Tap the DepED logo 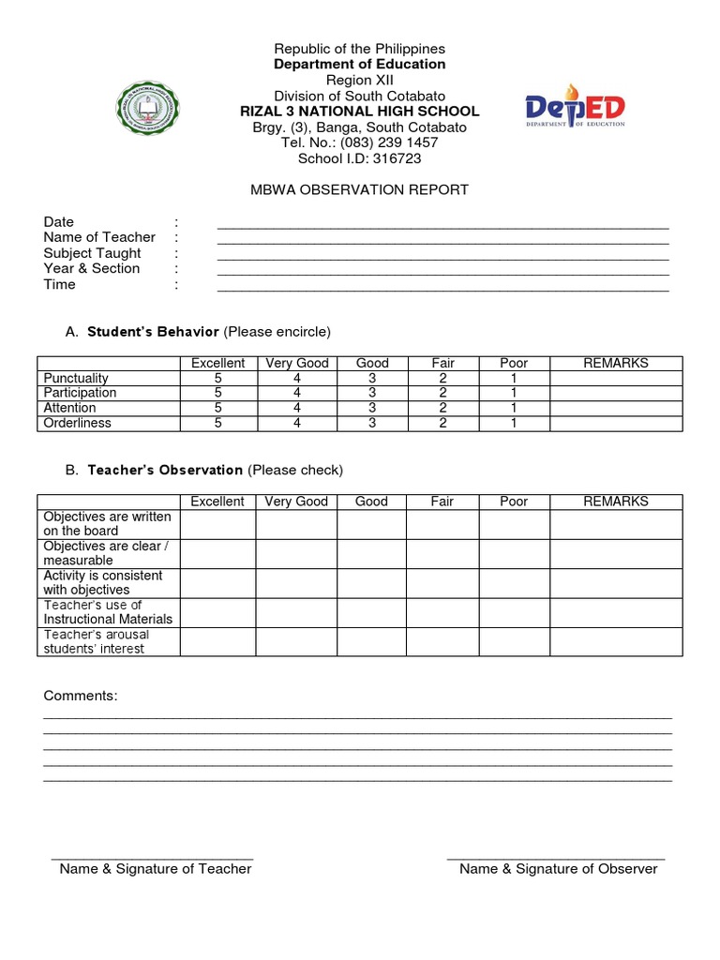575,111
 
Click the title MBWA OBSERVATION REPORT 359,189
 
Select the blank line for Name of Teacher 442,238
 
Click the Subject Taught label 92,253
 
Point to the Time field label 59,284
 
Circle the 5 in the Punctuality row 217,378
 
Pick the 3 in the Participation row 371,393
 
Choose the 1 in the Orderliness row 514,423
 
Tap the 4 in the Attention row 296,408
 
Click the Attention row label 69,408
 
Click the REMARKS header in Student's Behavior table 615,363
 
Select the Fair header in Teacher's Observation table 442,502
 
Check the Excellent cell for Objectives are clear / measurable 217,553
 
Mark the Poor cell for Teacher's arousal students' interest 514,642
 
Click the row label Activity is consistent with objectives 102,582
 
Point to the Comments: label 81,696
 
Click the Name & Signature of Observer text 558,868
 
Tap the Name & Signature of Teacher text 156,868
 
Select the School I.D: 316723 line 359,158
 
